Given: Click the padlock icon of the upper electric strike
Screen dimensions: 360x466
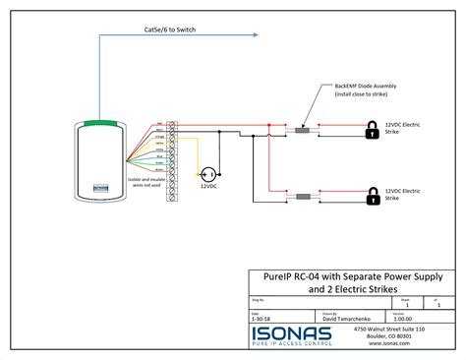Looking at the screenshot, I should [x=372, y=128].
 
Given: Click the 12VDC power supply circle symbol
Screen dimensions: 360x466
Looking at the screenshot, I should [x=207, y=167].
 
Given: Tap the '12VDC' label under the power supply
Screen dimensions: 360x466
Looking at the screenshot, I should [x=208, y=185].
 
